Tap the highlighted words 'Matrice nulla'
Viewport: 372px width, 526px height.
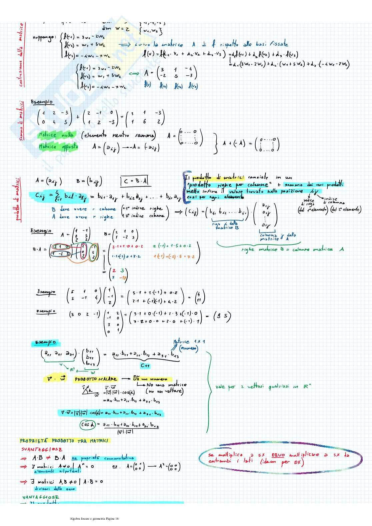click(x=57, y=135)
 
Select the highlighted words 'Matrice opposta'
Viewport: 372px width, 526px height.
click(x=58, y=147)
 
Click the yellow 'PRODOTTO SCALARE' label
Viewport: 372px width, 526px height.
click(x=96, y=379)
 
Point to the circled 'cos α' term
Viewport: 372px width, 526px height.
click(x=88, y=424)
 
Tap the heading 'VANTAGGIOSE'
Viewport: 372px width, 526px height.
click(x=41, y=497)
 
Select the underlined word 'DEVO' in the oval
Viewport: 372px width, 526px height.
click(x=278, y=455)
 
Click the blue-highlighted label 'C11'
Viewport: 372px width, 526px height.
click(x=145, y=365)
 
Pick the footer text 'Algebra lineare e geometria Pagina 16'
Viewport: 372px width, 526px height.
click(x=94, y=518)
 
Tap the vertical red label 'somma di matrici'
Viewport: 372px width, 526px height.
click(x=21, y=121)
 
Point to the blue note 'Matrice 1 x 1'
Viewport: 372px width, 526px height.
click(x=189, y=342)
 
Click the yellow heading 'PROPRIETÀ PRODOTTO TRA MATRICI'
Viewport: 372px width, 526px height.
click(x=64, y=441)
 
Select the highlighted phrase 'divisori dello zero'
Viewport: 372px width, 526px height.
click(x=55, y=488)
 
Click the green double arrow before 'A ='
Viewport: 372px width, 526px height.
click(x=134, y=73)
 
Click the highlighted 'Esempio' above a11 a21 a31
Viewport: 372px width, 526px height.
click(x=46, y=342)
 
